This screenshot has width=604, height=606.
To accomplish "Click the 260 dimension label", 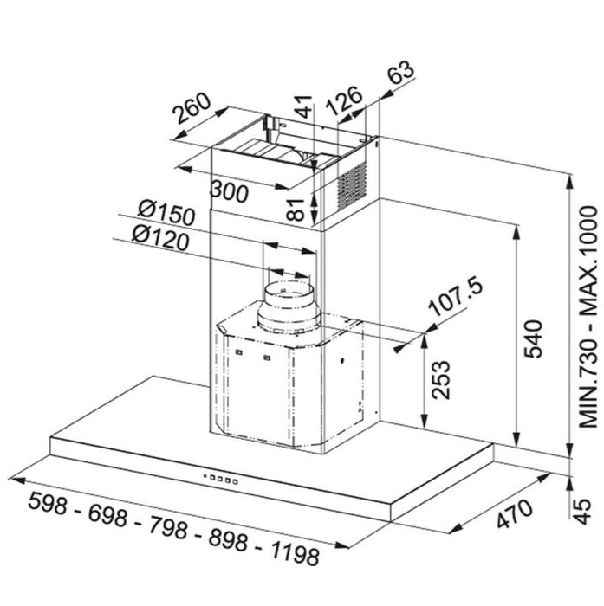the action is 192,108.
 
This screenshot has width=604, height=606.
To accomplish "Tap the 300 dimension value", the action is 229,191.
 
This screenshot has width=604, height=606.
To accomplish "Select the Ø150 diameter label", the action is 166,213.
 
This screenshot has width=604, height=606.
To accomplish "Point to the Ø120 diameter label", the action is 160,238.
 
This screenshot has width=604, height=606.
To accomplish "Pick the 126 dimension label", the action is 344,100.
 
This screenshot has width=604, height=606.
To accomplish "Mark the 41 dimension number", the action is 303,106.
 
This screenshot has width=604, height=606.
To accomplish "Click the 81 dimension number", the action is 296,210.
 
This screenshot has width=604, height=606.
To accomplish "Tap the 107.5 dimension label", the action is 456,296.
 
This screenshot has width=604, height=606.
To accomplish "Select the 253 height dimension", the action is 441,380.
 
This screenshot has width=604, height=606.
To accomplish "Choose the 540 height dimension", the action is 533,339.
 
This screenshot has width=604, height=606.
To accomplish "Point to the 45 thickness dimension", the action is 582,512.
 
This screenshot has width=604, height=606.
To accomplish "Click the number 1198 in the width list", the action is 295,553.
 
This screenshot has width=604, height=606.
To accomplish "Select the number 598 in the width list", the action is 47,503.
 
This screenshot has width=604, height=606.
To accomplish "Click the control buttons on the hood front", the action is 220,480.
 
